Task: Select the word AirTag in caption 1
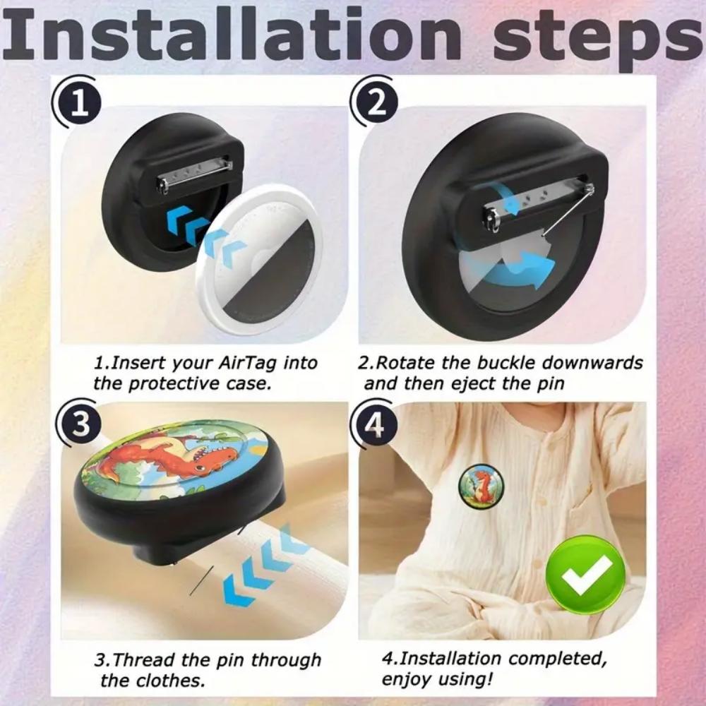(x=244, y=364)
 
